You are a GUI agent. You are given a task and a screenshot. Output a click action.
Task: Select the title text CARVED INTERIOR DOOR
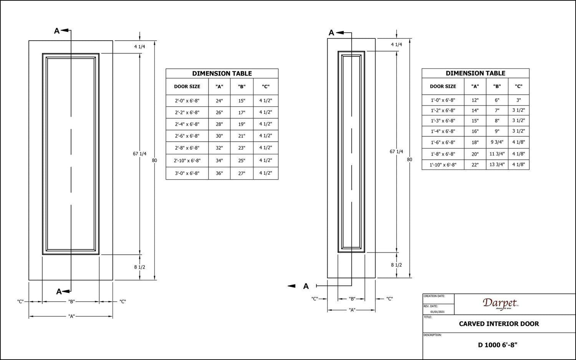(499, 324)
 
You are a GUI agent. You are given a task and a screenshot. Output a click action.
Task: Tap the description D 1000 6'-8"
(498, 345)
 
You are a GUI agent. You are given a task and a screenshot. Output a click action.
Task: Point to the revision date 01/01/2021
(437, 312)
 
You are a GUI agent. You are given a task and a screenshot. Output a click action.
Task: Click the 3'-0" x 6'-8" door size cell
(187, 173)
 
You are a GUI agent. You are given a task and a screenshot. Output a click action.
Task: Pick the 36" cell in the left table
(219, 173)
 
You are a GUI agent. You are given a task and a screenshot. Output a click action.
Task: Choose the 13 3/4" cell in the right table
(497, 164)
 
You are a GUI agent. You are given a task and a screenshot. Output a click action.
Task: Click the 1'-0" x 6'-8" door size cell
(443, 100)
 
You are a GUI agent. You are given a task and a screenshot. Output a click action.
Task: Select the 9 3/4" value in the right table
(497, 142)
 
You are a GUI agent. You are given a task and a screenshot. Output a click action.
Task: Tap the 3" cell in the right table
(518, 100)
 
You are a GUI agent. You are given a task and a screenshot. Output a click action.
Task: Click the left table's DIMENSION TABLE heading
(222, 73)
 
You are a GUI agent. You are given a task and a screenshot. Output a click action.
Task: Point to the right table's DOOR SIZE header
(443, 86)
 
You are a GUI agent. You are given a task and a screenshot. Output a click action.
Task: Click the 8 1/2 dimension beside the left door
(140, 267)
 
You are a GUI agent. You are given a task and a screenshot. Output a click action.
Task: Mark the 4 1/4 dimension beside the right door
(397, 45)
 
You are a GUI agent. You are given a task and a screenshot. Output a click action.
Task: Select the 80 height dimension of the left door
(154, 160)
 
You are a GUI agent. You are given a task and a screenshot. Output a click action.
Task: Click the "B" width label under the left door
(71, 301)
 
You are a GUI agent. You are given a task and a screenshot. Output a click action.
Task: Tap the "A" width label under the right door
(352, 310)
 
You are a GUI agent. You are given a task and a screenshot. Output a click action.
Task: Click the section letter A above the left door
(56, 31)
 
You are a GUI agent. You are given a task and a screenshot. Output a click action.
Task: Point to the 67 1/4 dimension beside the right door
(396, 152)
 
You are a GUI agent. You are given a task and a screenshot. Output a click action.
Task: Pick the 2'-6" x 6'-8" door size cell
(187, 136)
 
